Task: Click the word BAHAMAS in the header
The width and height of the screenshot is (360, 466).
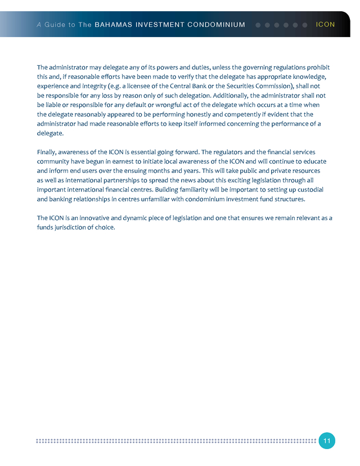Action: click(113, 25)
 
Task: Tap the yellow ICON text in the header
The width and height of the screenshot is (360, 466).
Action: click(326, 25)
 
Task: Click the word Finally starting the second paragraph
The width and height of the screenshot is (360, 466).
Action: click(48, 153)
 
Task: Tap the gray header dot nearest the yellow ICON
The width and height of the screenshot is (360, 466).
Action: click(305, 25)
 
